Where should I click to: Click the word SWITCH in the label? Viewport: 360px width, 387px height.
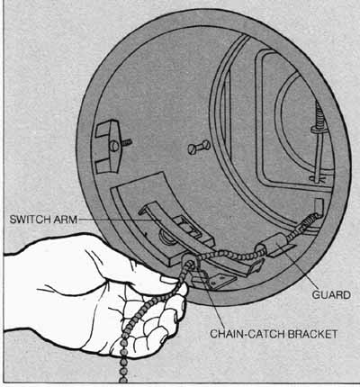[27, 220]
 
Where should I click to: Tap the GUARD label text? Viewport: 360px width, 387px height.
[331, 295]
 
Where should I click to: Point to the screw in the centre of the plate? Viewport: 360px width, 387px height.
[199, 147]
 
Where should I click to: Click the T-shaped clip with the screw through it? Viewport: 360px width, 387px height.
[110, 146]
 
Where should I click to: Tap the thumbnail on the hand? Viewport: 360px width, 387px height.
[169, 280]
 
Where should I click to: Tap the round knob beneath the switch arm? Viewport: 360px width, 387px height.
[165, 238]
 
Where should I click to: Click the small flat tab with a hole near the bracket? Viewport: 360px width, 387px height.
[215, 281]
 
